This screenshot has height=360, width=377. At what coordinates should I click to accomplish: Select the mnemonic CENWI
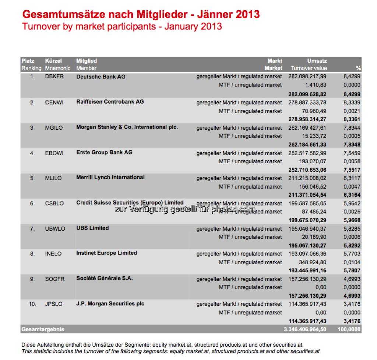pyautogui.click(x=54, y=102)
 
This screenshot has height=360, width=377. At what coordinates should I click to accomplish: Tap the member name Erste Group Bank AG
pyautogui.click(x=104, y=152)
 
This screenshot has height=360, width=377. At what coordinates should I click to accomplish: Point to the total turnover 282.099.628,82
pyautogui.click(x=307, y=94)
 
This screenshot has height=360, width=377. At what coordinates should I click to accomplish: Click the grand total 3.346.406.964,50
pyautogui.click(x=304, y=329)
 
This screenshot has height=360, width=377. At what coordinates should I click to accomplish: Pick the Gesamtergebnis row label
pyautogui.click(x=43, y=329)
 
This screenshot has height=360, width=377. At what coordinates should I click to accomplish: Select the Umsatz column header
pyautogui.click(x=317, y=61)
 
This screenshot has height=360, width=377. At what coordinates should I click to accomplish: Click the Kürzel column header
pyautogui.click(x=53, y=61)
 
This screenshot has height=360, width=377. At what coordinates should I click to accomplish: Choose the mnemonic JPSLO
pyautogui.click(x=54, y=304)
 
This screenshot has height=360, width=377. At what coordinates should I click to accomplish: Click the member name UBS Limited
pyautogui.click(x=92, y=228)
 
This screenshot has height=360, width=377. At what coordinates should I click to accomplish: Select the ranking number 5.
pyautogui.click(x=33, y=178)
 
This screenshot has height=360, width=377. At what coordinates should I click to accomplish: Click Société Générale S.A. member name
pyautogui.click(x=104, y=278)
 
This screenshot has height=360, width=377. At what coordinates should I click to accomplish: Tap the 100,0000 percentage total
pyautogui.click(x=349, y=329)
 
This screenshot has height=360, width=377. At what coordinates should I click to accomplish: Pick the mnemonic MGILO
pyautogui.click(x=54, y=128)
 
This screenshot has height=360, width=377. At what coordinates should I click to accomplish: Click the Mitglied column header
pyautogui.click(x=87, y=61)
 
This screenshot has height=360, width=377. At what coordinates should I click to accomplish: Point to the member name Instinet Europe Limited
pyautogui.click(x=106, y=253)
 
